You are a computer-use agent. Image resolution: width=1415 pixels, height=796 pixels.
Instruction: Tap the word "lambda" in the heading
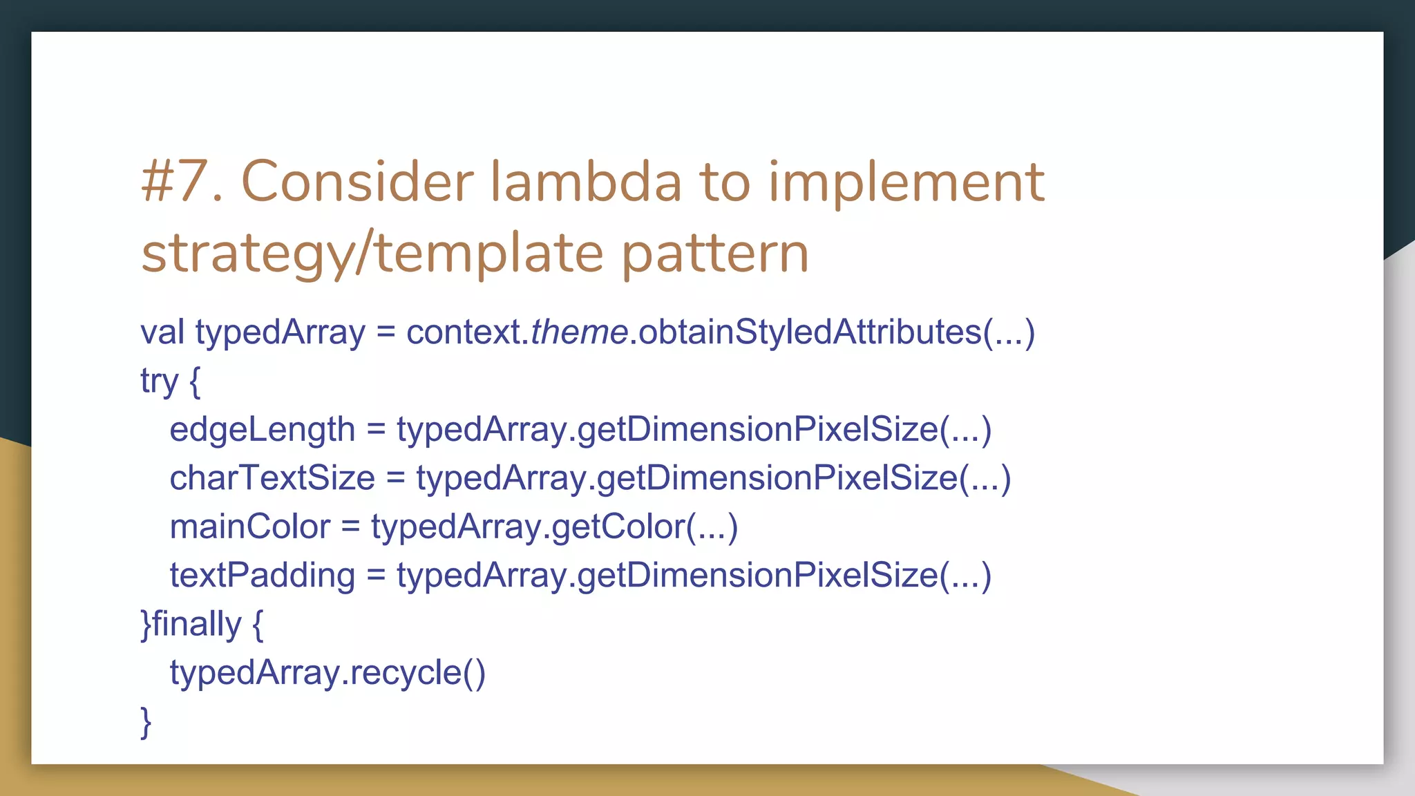[586, 182]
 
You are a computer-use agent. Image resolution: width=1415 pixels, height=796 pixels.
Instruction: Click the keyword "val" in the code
[162, 332]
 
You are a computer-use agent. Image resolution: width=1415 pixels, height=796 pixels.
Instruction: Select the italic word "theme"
[579, 332]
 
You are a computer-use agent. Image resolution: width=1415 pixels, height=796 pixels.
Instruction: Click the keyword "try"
[160, 381]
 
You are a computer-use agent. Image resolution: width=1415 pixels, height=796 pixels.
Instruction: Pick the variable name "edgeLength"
[262, 430]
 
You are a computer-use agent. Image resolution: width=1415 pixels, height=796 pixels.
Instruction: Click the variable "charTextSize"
[272, 478]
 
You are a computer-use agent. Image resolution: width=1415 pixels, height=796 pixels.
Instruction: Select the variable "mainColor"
[249, 527]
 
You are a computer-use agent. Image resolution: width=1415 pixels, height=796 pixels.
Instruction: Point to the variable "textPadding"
[262, 576]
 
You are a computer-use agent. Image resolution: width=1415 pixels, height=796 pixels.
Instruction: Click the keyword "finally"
[196, 624]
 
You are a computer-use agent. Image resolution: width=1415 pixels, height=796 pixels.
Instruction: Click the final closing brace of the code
[146, 722]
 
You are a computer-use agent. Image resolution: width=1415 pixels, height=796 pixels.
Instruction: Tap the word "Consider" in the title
[357, 182]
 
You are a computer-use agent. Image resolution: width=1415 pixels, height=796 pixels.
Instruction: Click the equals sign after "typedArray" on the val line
[386, 333]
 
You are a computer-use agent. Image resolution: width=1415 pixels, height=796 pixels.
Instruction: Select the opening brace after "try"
[194, 381]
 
